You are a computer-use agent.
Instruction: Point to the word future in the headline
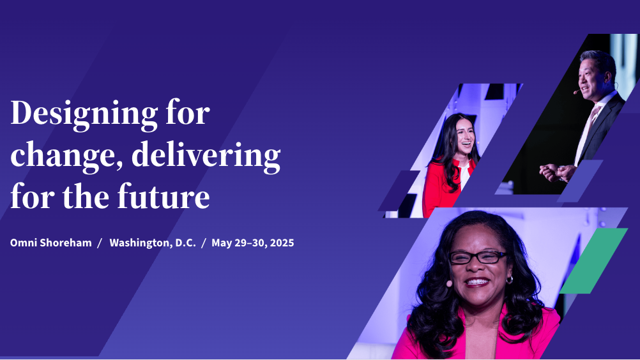coord(164,197)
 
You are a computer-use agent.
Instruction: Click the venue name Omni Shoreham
coord(51,243)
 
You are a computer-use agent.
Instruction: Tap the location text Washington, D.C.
coord(153,243)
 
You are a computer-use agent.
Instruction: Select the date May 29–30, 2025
coord(253,243)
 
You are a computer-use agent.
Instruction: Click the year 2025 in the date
coord(282,243)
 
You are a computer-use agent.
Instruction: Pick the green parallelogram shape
coord(593,261)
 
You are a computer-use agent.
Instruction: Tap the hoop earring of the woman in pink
coord(510,280)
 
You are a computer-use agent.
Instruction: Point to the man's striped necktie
coord(587,130)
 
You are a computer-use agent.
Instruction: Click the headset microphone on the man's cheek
coord(576,92)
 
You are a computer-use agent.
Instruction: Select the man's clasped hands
coord(557,172)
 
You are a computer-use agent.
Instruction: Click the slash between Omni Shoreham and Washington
coord(100,243)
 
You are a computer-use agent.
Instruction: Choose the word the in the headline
coord(86,197)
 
